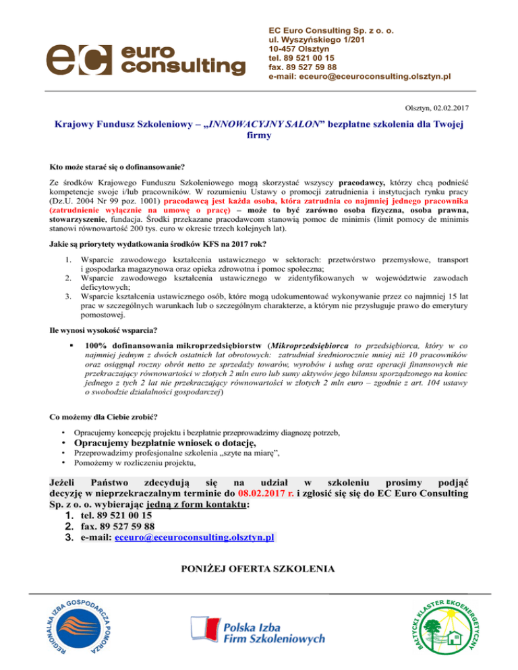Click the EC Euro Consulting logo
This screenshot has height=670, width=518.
click(x=145, y=59)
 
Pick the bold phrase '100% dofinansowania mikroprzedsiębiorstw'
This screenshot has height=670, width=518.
click(x=175, y=346)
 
